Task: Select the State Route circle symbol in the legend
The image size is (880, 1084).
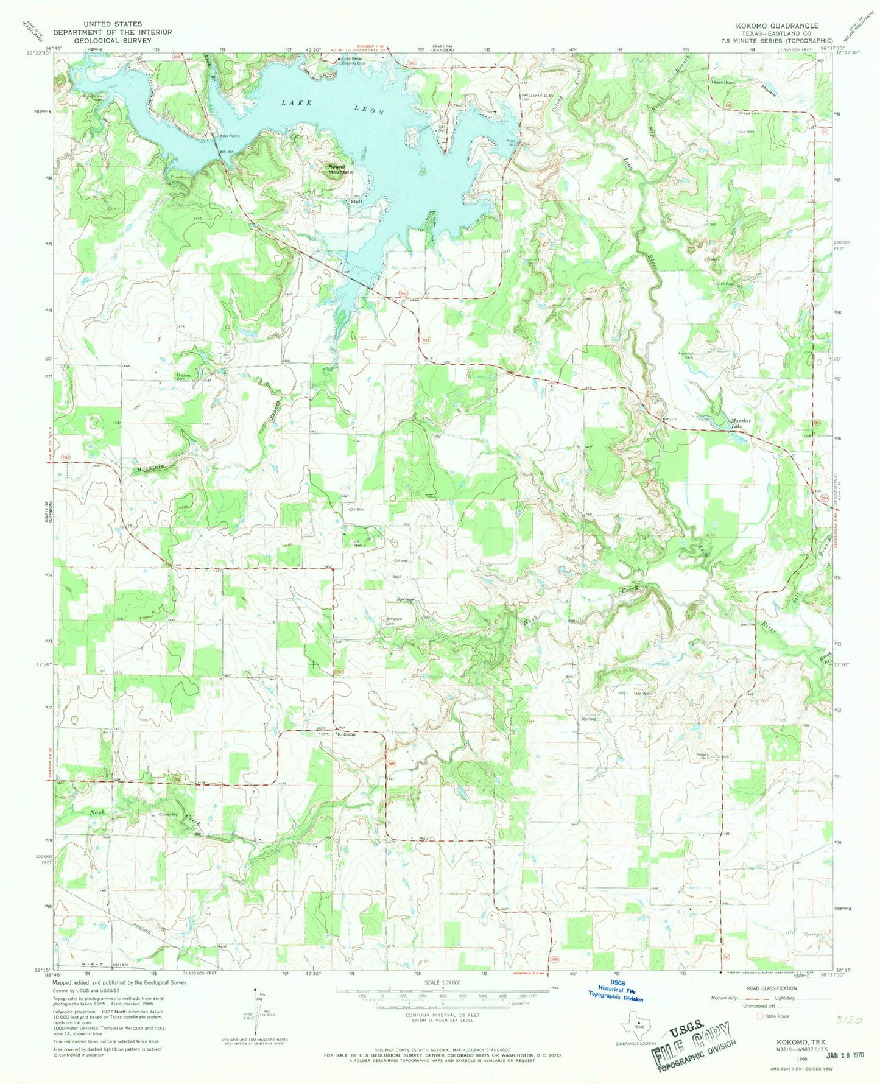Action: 759,1016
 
